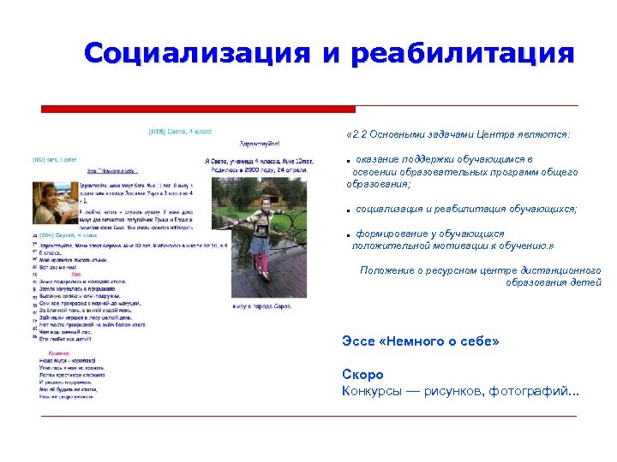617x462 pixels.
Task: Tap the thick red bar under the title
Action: coord(198,110)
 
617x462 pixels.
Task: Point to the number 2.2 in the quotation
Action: coord(360,134)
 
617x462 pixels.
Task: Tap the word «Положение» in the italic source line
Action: coord(386,270)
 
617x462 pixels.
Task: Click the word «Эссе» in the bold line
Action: coord(358,341)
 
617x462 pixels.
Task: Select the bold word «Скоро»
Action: coord(362,375)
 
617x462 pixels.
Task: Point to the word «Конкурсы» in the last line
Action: coord(372,392)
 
